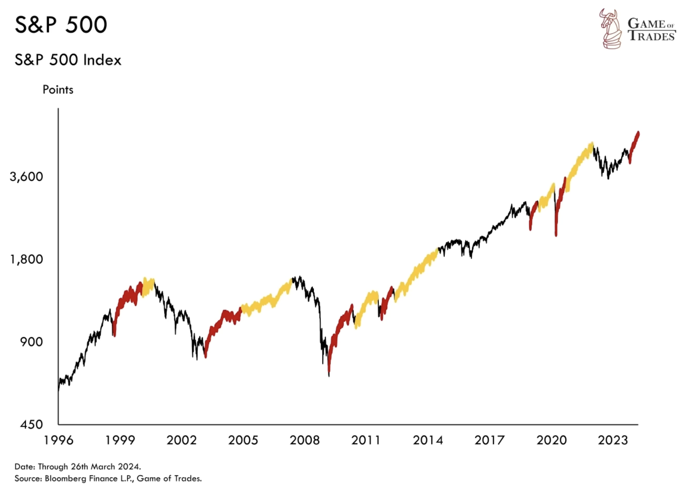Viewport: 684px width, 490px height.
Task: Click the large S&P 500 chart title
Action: (x=61, y=25)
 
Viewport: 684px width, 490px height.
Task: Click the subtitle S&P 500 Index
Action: (x=68, y=60)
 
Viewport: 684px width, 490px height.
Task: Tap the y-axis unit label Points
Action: (x=58, y=90)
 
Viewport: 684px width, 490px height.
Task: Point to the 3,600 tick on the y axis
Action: (x=27, y=177)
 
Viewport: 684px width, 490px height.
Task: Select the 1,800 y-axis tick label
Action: (x=27, y=259)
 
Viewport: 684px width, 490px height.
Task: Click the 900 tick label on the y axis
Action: (x=31, y=342)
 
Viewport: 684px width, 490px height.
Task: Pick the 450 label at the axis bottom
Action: (x=31, y=424)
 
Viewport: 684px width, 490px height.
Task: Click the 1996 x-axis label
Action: (x=58, y=440)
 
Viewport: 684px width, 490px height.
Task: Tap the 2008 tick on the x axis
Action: (x=304, y=440)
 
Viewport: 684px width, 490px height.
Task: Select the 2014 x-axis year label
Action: (x=427, y=440)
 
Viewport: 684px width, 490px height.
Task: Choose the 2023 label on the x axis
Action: (x=612, y=440)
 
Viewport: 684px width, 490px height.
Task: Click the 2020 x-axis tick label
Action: (x=551, y=440)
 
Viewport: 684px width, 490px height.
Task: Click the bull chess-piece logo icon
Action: (x=610, y=29)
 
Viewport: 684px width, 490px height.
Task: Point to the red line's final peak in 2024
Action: (x=638, y=133)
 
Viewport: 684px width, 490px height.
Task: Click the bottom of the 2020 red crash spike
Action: (x=556, y=235)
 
